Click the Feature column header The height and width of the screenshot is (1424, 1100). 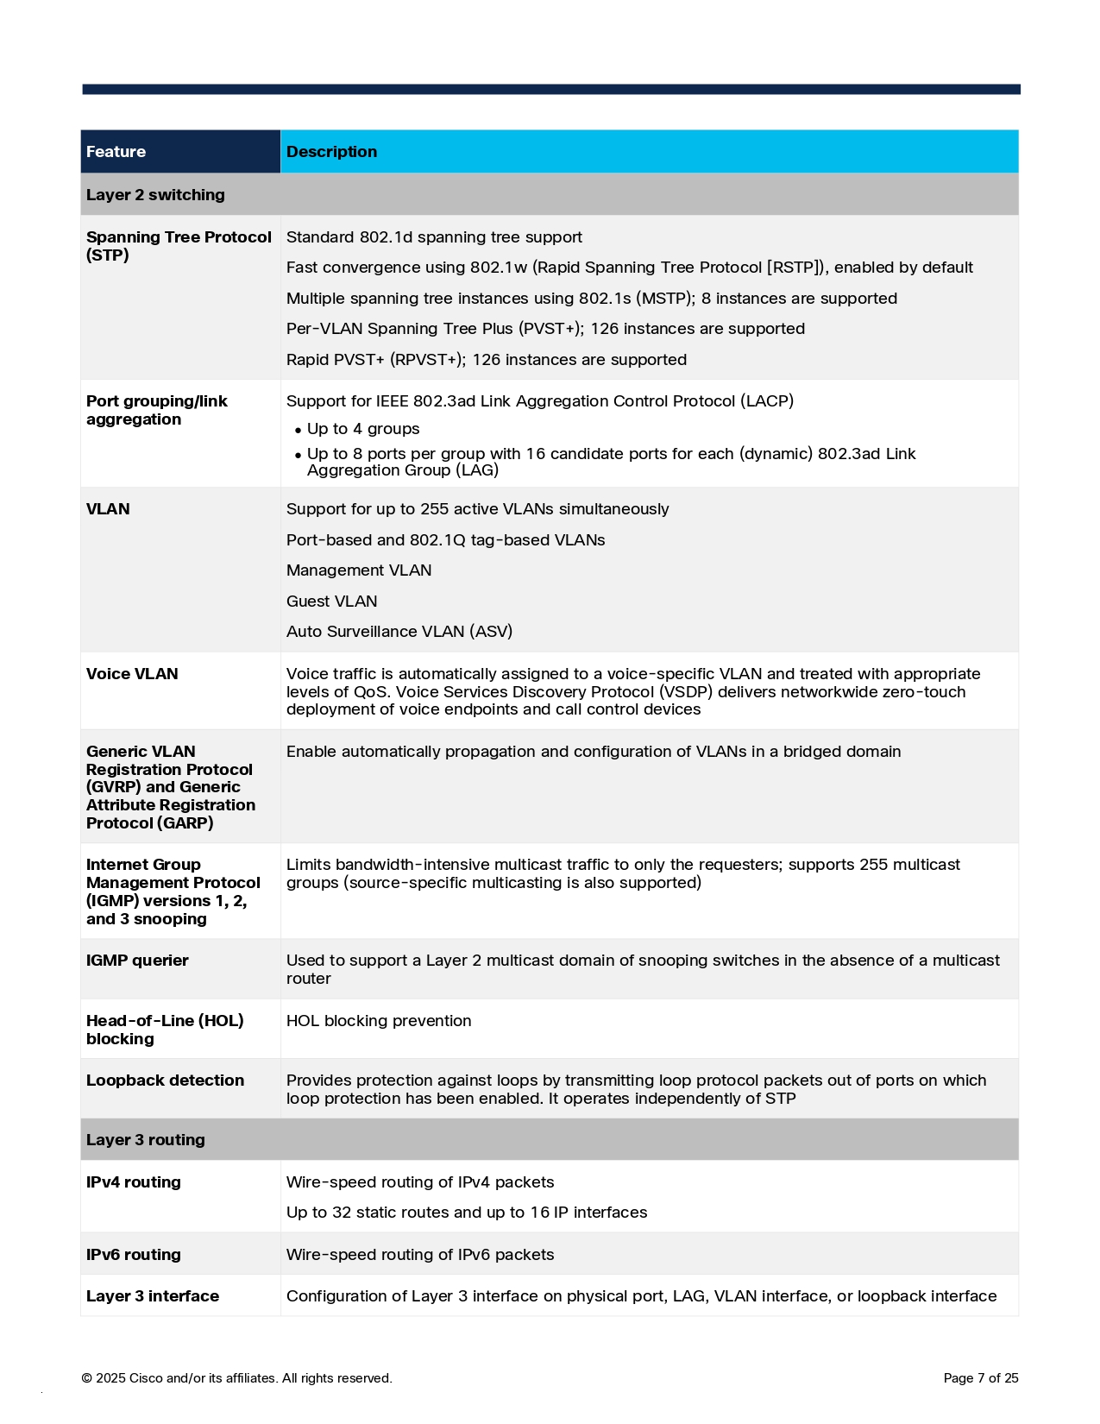click(x=116, y=152)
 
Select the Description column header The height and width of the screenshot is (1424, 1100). click(x=331, y=152)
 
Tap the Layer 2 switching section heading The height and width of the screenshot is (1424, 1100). click(x=155, y=195)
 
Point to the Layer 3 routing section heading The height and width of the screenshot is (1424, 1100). click(x=146, y=1140)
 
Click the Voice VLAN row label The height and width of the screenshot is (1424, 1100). click(x=132, y=674)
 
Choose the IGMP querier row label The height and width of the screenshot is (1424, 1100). click(x=137, y=961)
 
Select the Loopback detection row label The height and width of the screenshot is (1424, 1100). click(x=165, y=1081)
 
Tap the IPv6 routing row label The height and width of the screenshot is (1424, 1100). click(x=134, y=1255)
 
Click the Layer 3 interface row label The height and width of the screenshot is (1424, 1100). click(x=153, y=1296)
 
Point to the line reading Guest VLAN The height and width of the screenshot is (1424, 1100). click(x=331, y=602)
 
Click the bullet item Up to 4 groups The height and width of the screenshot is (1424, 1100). click(x=363, y=429)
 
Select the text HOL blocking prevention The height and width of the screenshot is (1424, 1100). click(x=379, y=1021)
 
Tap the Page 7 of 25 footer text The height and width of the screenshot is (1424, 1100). click(x=981, y=1378)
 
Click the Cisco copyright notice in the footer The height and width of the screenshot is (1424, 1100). click(x=236, y=1378)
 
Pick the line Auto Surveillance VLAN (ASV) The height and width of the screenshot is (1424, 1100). click(x=399, y=632)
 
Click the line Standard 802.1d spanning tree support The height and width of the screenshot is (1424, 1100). click(x=434, y=237)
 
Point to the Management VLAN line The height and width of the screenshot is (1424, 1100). click(x=359, y=570)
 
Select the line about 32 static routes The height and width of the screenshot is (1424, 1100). click(x=467, y=1213)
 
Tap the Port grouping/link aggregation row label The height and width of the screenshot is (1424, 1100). click(x=156, y=411)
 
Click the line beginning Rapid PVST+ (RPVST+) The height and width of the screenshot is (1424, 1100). click(x=487, y=360)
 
